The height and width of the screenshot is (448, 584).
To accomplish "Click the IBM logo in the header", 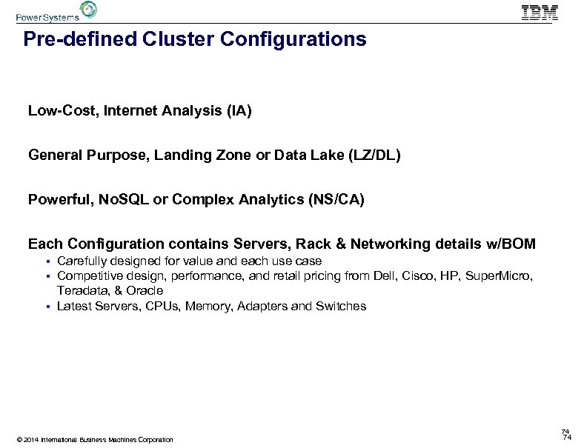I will click(540, 12).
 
